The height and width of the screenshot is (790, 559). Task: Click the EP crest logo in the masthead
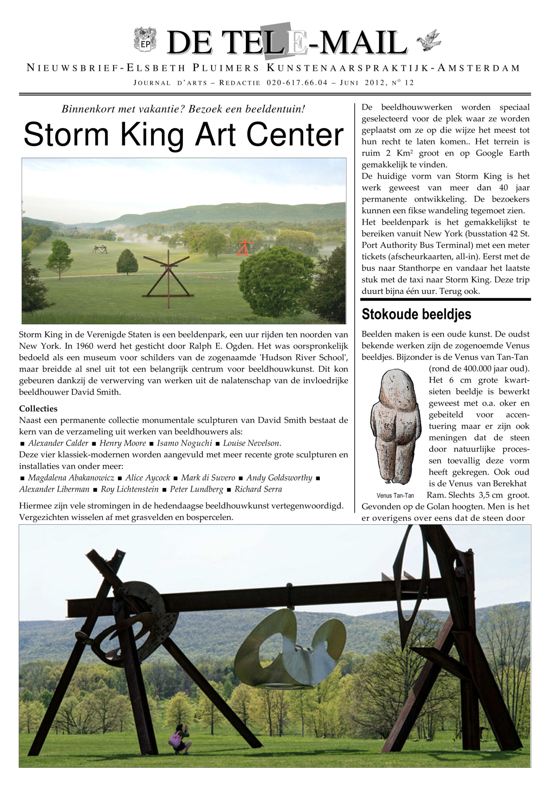pyautogui.click(x=145, y=39)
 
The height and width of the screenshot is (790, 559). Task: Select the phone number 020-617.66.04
pyautogui.click(x=297, y=83)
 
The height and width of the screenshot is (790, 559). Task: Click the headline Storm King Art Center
pyautogui.click(x=183, y=134)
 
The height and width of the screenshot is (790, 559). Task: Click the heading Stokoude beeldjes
pyautogui.click(x=416, y=314)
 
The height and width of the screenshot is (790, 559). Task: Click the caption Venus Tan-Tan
pyautogui.click(x=395, y=496)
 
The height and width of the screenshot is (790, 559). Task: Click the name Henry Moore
pyautogui.click(x=123, y=443)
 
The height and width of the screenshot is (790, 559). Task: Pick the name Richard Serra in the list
pyautogui.click(x=258, y=489)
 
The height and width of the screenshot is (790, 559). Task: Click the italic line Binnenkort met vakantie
pyautogui.click(x=183, y=109)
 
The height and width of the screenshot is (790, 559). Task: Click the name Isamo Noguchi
pyautogui.click(x=185, y=443)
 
